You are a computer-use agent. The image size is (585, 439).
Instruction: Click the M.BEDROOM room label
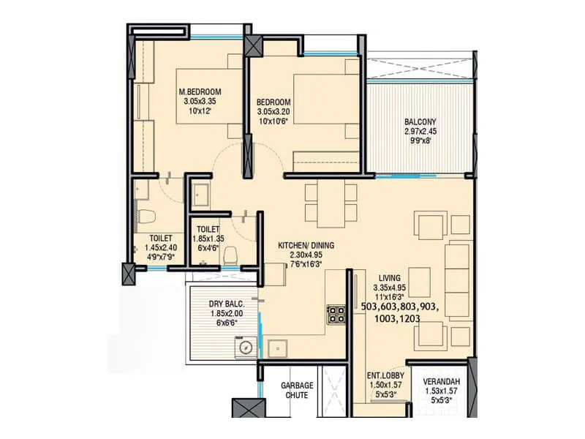click(200, 92)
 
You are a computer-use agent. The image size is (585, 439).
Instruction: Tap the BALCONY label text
click(420, 122)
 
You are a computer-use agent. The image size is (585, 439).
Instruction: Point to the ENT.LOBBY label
click(384, 378)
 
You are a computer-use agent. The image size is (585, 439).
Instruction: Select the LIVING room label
click(390, 278)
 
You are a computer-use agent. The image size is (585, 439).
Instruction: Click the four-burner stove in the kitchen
click(336, 315)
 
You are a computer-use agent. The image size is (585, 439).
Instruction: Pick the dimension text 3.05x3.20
click(274, 112)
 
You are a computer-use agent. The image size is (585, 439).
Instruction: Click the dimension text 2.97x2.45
click(420, 132)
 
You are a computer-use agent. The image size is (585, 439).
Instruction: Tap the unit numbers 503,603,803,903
click(399, 309)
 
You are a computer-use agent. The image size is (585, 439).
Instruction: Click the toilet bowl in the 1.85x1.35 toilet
click(232, 254)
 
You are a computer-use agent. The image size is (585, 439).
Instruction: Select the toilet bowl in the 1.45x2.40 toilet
click(146, 217)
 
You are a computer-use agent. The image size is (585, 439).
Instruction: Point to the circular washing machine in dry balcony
click(246, 348)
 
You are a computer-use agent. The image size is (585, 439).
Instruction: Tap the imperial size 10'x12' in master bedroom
click(200, 112)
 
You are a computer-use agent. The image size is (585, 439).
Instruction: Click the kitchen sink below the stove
click(277, 349)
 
